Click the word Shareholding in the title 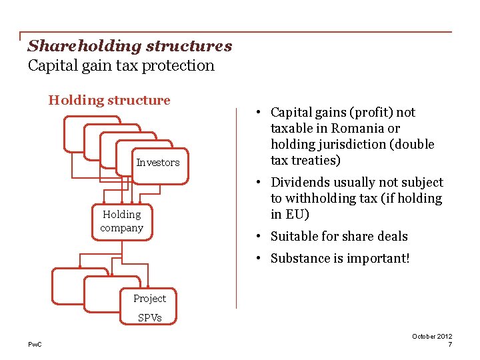75,46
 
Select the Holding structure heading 109,101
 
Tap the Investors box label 158,163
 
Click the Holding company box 122,221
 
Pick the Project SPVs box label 149,307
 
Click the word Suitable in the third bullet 295,236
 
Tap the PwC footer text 34,344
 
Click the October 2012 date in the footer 432,337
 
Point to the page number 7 450,345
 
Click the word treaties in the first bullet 317,160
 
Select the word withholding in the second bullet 322,199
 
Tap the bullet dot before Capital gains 257,113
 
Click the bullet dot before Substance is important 257,258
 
